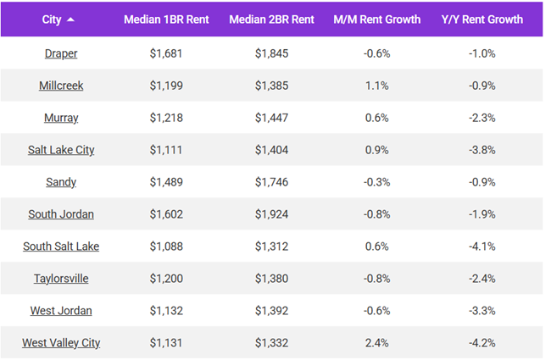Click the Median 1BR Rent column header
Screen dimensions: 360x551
[165, 19]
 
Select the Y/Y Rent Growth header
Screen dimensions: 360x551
[482, 19]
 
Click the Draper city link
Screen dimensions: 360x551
[61, 53]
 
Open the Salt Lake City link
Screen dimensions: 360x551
[61, 150]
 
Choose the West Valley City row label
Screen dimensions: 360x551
[61, 343]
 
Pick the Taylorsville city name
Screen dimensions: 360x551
[61, 279]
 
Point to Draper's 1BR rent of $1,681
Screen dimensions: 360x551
[165, 53]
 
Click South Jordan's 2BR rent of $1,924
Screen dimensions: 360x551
[271, 214]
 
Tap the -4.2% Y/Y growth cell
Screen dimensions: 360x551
[481, 343]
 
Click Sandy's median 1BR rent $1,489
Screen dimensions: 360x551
[165, 182]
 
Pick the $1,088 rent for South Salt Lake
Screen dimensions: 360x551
[165, 246]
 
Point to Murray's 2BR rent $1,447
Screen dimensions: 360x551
[271, 118]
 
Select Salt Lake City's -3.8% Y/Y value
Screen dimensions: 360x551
[481, 150]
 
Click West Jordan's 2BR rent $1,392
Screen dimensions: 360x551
[271, 311]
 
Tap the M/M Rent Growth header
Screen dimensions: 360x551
[377, 19]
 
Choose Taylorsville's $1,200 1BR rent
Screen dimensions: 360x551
[165, 279]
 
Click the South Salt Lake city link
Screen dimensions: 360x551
[61, 246]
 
